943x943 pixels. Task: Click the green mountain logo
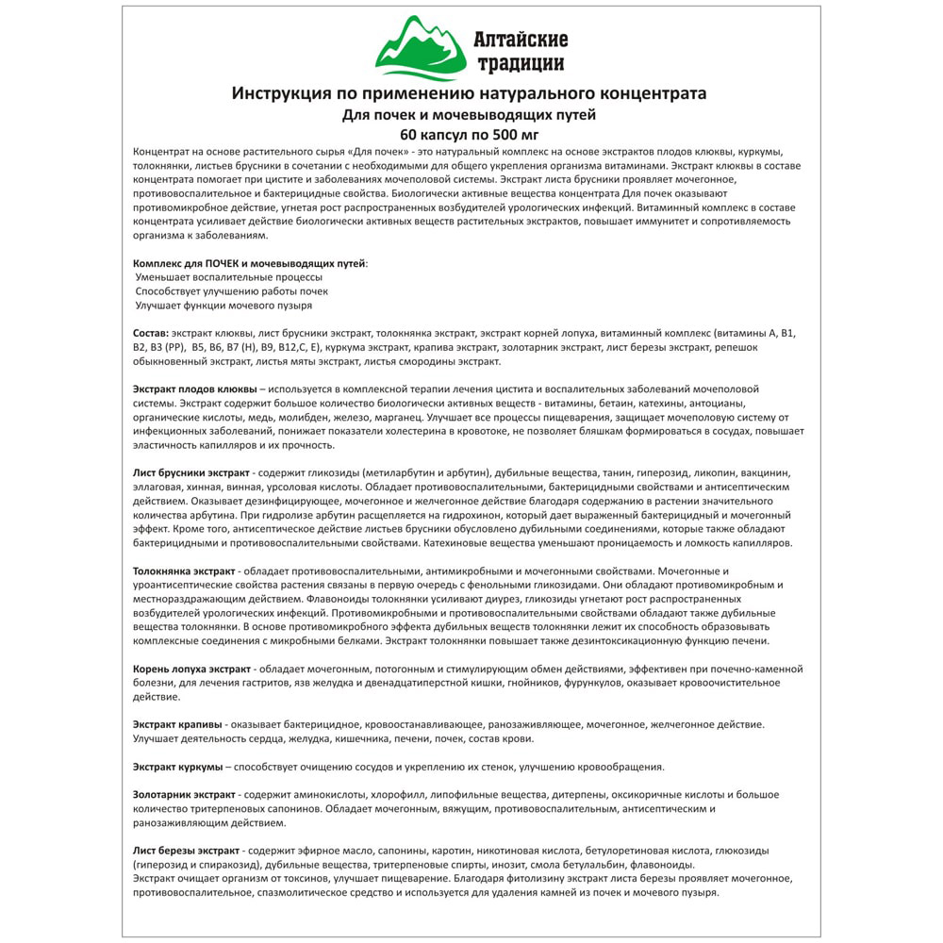coord(421,47)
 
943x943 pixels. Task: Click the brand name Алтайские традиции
coord(521,51)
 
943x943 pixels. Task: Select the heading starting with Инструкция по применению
coord(469,93)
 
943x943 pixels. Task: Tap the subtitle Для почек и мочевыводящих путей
coord(469,114)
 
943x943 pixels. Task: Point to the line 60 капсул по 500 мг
coord(469,133)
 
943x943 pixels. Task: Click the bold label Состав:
coord(151,334)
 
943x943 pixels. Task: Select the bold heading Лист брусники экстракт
coord(191,471)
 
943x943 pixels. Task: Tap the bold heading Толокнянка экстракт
coord(185,571)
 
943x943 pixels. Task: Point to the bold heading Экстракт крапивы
coord(177,723)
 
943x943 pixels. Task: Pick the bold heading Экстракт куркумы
coord(178,766)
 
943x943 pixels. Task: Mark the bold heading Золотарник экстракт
coord(184,795)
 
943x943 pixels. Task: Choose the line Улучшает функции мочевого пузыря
coord(223,306)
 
